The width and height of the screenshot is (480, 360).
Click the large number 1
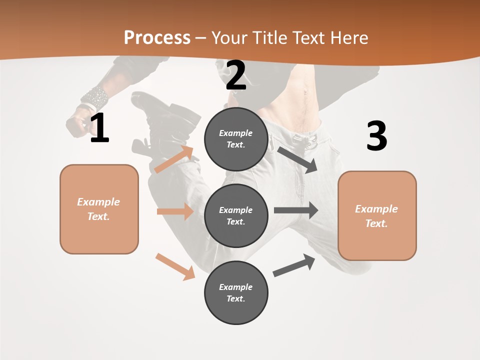click(99, 128)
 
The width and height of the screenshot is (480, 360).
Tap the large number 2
click(236, 75)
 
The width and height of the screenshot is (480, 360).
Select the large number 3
click(376, 136)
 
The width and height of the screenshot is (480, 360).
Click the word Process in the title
click(157, 37)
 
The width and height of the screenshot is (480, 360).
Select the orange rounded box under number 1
click(99, 209)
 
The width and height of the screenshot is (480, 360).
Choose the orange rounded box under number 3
click(377, 215)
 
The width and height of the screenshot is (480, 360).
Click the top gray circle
click(236, 139)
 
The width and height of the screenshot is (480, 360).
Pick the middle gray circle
click(236, 215)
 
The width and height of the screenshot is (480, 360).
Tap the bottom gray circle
click(236, 292)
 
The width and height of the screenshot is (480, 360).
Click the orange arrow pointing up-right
click(174, 159)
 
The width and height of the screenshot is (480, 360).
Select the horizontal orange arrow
click(175, 211)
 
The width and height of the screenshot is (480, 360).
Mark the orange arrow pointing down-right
click(175, 266)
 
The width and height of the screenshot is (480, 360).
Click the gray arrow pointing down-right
click(298, 159)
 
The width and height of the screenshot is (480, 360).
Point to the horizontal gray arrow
click(295, 210)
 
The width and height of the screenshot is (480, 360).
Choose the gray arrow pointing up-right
click(294, 265)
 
